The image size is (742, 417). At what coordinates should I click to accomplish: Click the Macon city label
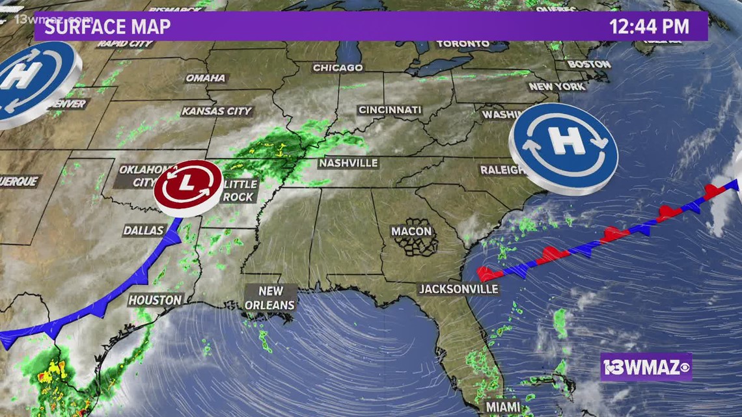(411, 231)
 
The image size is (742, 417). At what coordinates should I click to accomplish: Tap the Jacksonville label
(458, 289)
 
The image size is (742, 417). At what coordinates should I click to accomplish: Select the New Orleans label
(270, 298)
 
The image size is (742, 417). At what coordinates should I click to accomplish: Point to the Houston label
(155, 300)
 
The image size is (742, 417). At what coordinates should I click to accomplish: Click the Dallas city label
(143, 230)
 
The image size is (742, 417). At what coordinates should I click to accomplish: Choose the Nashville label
(348, 163)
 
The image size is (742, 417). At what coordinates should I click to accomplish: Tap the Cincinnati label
(390, 111)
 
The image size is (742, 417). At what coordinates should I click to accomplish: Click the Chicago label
(338, 68)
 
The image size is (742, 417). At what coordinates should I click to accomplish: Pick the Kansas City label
(216, 111)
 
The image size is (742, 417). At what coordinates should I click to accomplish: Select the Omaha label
(206, 78)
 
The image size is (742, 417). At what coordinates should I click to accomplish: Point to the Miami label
(503, 407)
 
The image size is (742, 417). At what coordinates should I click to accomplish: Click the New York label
(557, 87)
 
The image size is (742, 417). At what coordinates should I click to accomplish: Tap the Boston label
(589, 64)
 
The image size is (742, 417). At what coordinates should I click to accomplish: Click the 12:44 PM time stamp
(649, 27)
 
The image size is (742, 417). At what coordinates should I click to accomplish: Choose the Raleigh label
(502, 170)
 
